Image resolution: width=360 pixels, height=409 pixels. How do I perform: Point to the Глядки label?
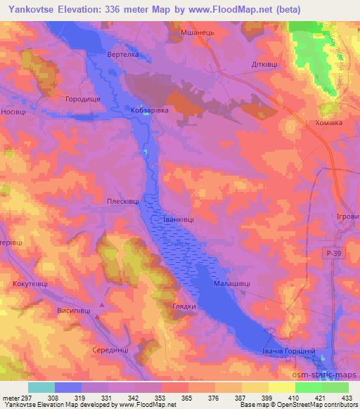[x=184, y=307]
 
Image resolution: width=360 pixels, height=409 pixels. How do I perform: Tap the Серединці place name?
[x=111, y=349]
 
